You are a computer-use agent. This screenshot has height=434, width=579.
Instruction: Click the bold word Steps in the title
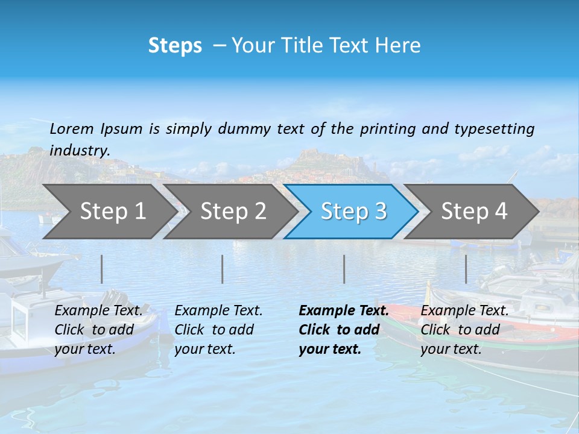pos(175,46)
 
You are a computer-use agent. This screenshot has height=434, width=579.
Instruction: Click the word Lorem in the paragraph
pos(72,128)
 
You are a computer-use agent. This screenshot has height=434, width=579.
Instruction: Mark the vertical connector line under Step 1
pos(102,269)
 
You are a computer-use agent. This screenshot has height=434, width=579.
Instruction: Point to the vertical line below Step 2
pos(223,269)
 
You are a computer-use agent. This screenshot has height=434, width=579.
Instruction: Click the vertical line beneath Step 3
pos(344,269)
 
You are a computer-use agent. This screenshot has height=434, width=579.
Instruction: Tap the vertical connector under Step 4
pos(466,269)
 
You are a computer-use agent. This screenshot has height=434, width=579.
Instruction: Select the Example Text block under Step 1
pos(98,330)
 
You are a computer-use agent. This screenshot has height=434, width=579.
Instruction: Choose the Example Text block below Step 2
pos(218,330)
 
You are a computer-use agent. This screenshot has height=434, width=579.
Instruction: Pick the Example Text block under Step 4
pos(464,330)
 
